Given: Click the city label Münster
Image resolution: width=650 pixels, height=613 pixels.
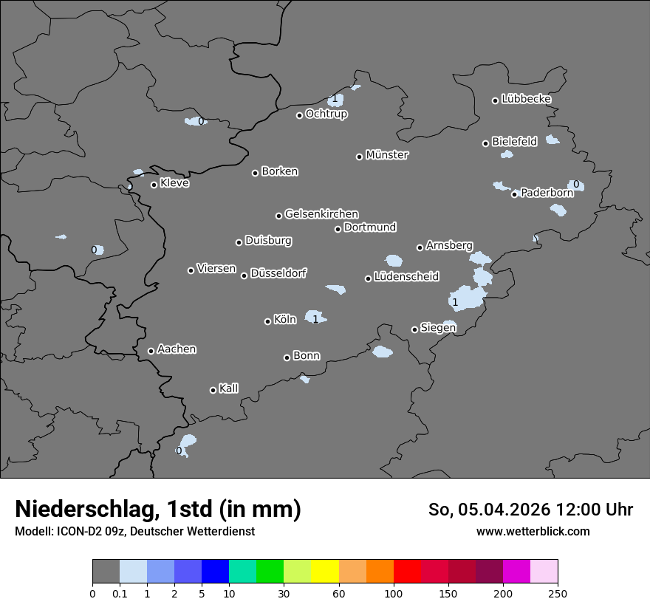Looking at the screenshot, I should point(387,155).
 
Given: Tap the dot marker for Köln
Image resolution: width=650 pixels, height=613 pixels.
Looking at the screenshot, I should point(268,321).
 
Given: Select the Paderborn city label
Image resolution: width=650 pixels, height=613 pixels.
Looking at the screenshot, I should point(547,193).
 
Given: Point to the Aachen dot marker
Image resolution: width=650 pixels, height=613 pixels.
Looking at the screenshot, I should point(151,351).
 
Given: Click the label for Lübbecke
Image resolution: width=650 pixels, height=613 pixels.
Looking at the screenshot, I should point(526,99).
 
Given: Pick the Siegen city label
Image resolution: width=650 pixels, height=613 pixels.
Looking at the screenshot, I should point(438,328).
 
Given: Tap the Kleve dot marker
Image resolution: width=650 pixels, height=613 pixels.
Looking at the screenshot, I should point(154,185).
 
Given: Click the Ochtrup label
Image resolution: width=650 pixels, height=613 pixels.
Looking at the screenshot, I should point(326,114).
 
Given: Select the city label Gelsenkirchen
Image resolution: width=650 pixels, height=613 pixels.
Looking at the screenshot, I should point(321,214).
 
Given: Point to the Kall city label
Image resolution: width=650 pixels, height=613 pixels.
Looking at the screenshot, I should point(228,388).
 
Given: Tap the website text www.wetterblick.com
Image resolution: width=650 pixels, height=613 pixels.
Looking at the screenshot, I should point(533,531).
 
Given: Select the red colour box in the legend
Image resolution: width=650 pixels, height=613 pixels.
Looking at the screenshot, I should point(407,572).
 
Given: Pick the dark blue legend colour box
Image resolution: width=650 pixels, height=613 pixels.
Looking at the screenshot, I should point(216,572).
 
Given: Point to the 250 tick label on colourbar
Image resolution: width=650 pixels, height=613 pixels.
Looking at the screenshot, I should point(558,592).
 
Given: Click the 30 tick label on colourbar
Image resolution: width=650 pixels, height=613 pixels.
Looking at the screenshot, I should point(284,592).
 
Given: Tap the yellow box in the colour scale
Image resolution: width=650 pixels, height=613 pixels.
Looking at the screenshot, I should point(325,572).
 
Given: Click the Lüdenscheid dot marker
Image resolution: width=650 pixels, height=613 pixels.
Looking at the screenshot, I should point(368,278).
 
